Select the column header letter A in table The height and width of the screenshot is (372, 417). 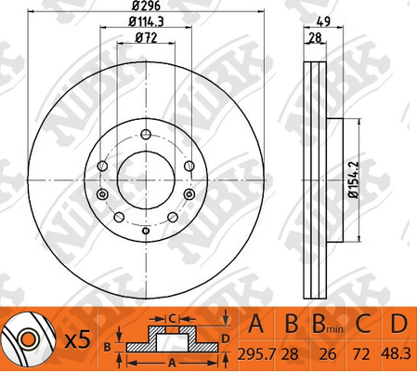tap(259, 325)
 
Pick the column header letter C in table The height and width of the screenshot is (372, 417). tap(364, 325)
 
